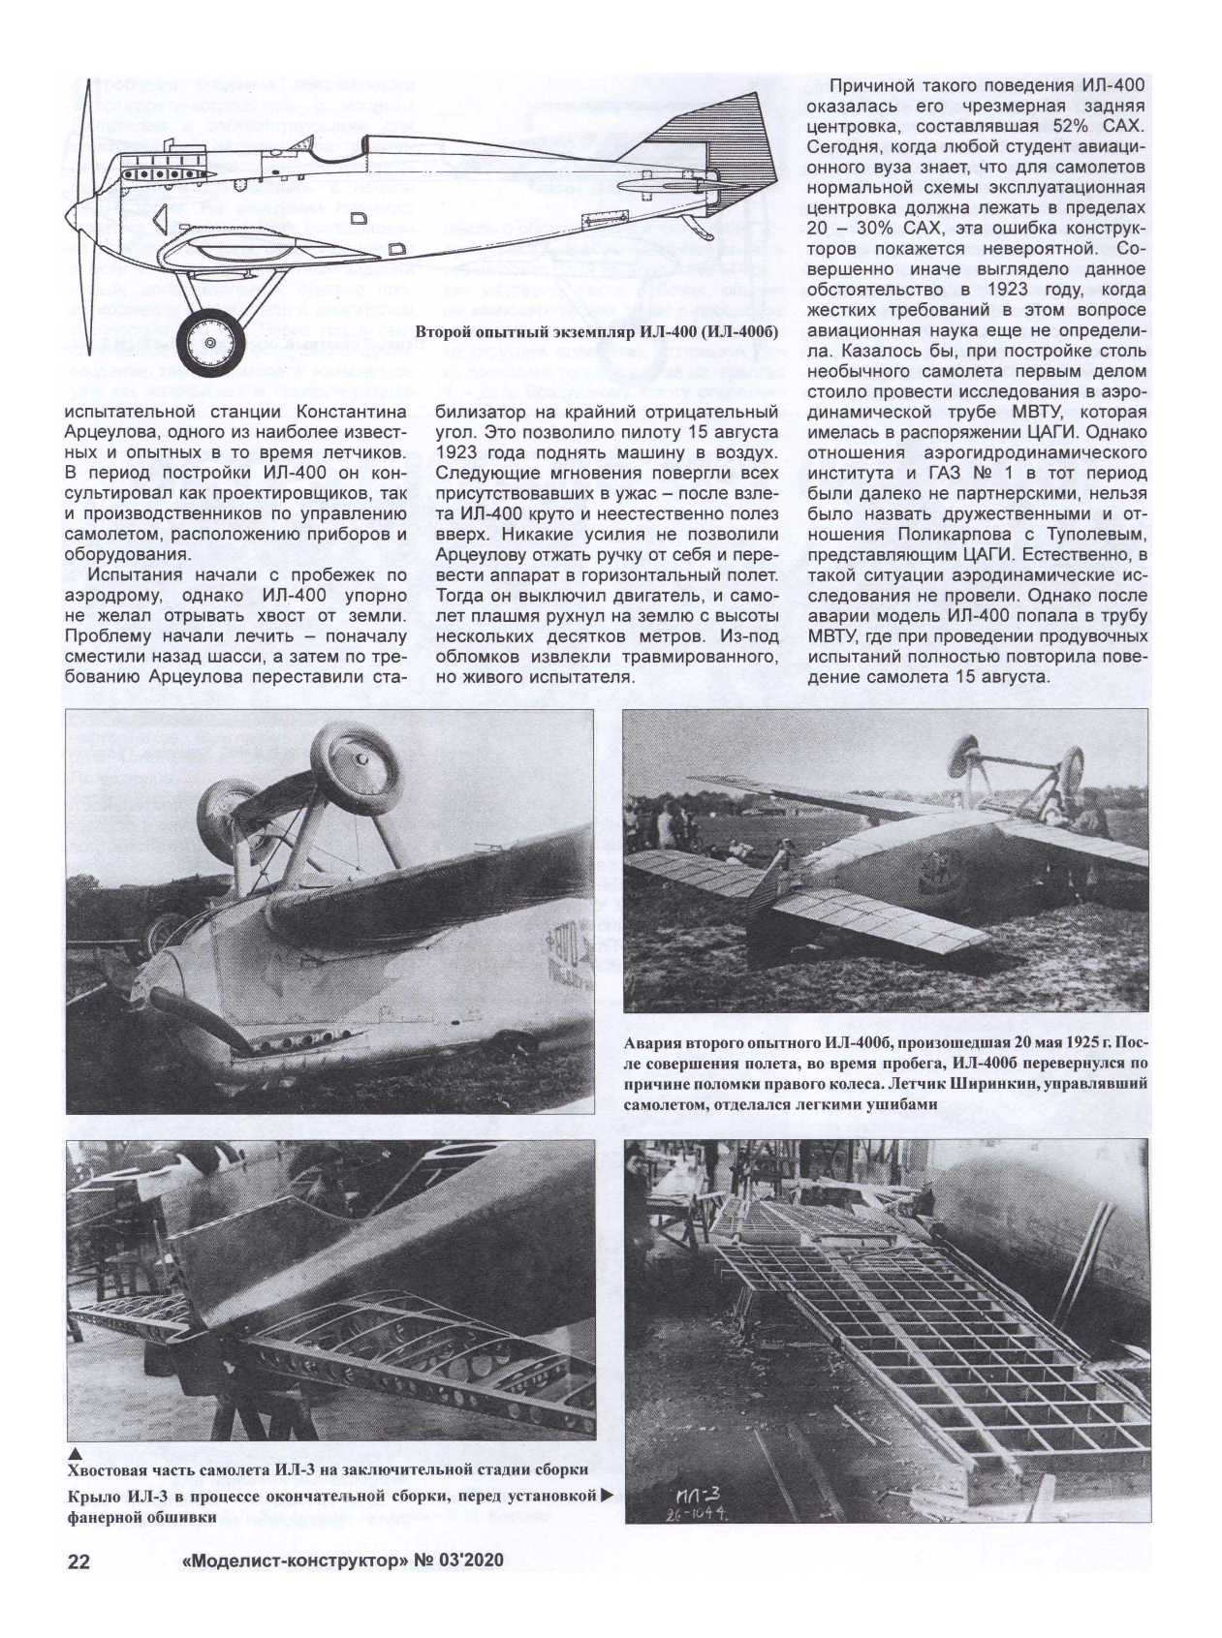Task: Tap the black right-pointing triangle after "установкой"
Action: pyautogui.click(x=608, y=1496)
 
